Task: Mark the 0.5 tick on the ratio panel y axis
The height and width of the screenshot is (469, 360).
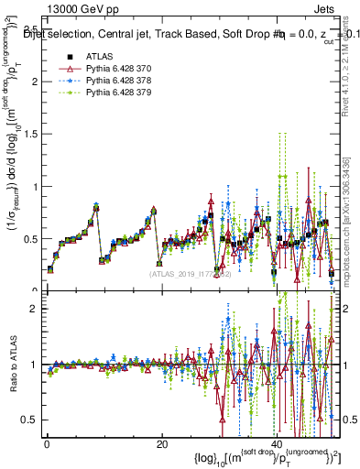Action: [31, 420]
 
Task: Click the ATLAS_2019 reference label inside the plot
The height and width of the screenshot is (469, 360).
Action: [188, 273]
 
